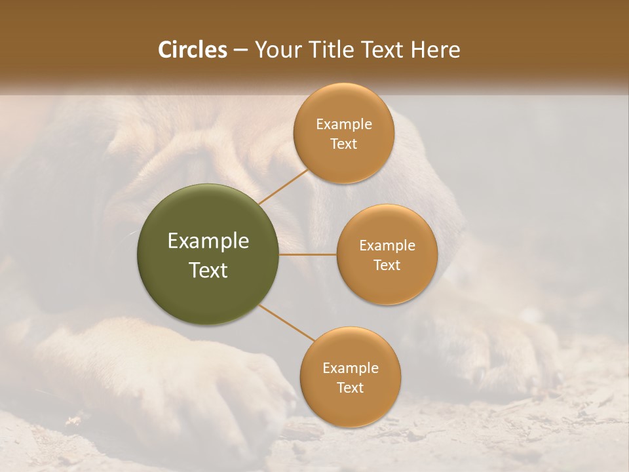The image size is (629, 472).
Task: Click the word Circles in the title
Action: (x=193, y=50)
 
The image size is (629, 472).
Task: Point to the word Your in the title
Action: (x=275, y=50)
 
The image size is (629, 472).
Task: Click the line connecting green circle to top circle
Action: (x=282, y=187)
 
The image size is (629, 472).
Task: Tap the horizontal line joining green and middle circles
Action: (x=307, y=254)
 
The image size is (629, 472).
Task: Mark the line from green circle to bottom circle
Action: (x=286, y=323)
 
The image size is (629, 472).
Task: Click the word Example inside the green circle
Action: (x=208, y=241)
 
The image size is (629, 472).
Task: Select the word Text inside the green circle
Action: (x=208, y=270)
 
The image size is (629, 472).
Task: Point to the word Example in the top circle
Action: (x=344, y=124)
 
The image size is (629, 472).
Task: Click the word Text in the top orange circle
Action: (x=344, y=144)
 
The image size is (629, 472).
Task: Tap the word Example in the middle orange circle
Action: (x=387, y=246)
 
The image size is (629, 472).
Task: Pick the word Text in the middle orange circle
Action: (x=387, y=265)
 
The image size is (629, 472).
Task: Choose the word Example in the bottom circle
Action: (x=351, y=368)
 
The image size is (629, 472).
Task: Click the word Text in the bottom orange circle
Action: (x=351, y=387)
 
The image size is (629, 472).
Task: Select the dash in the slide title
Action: (x=240, y=50)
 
